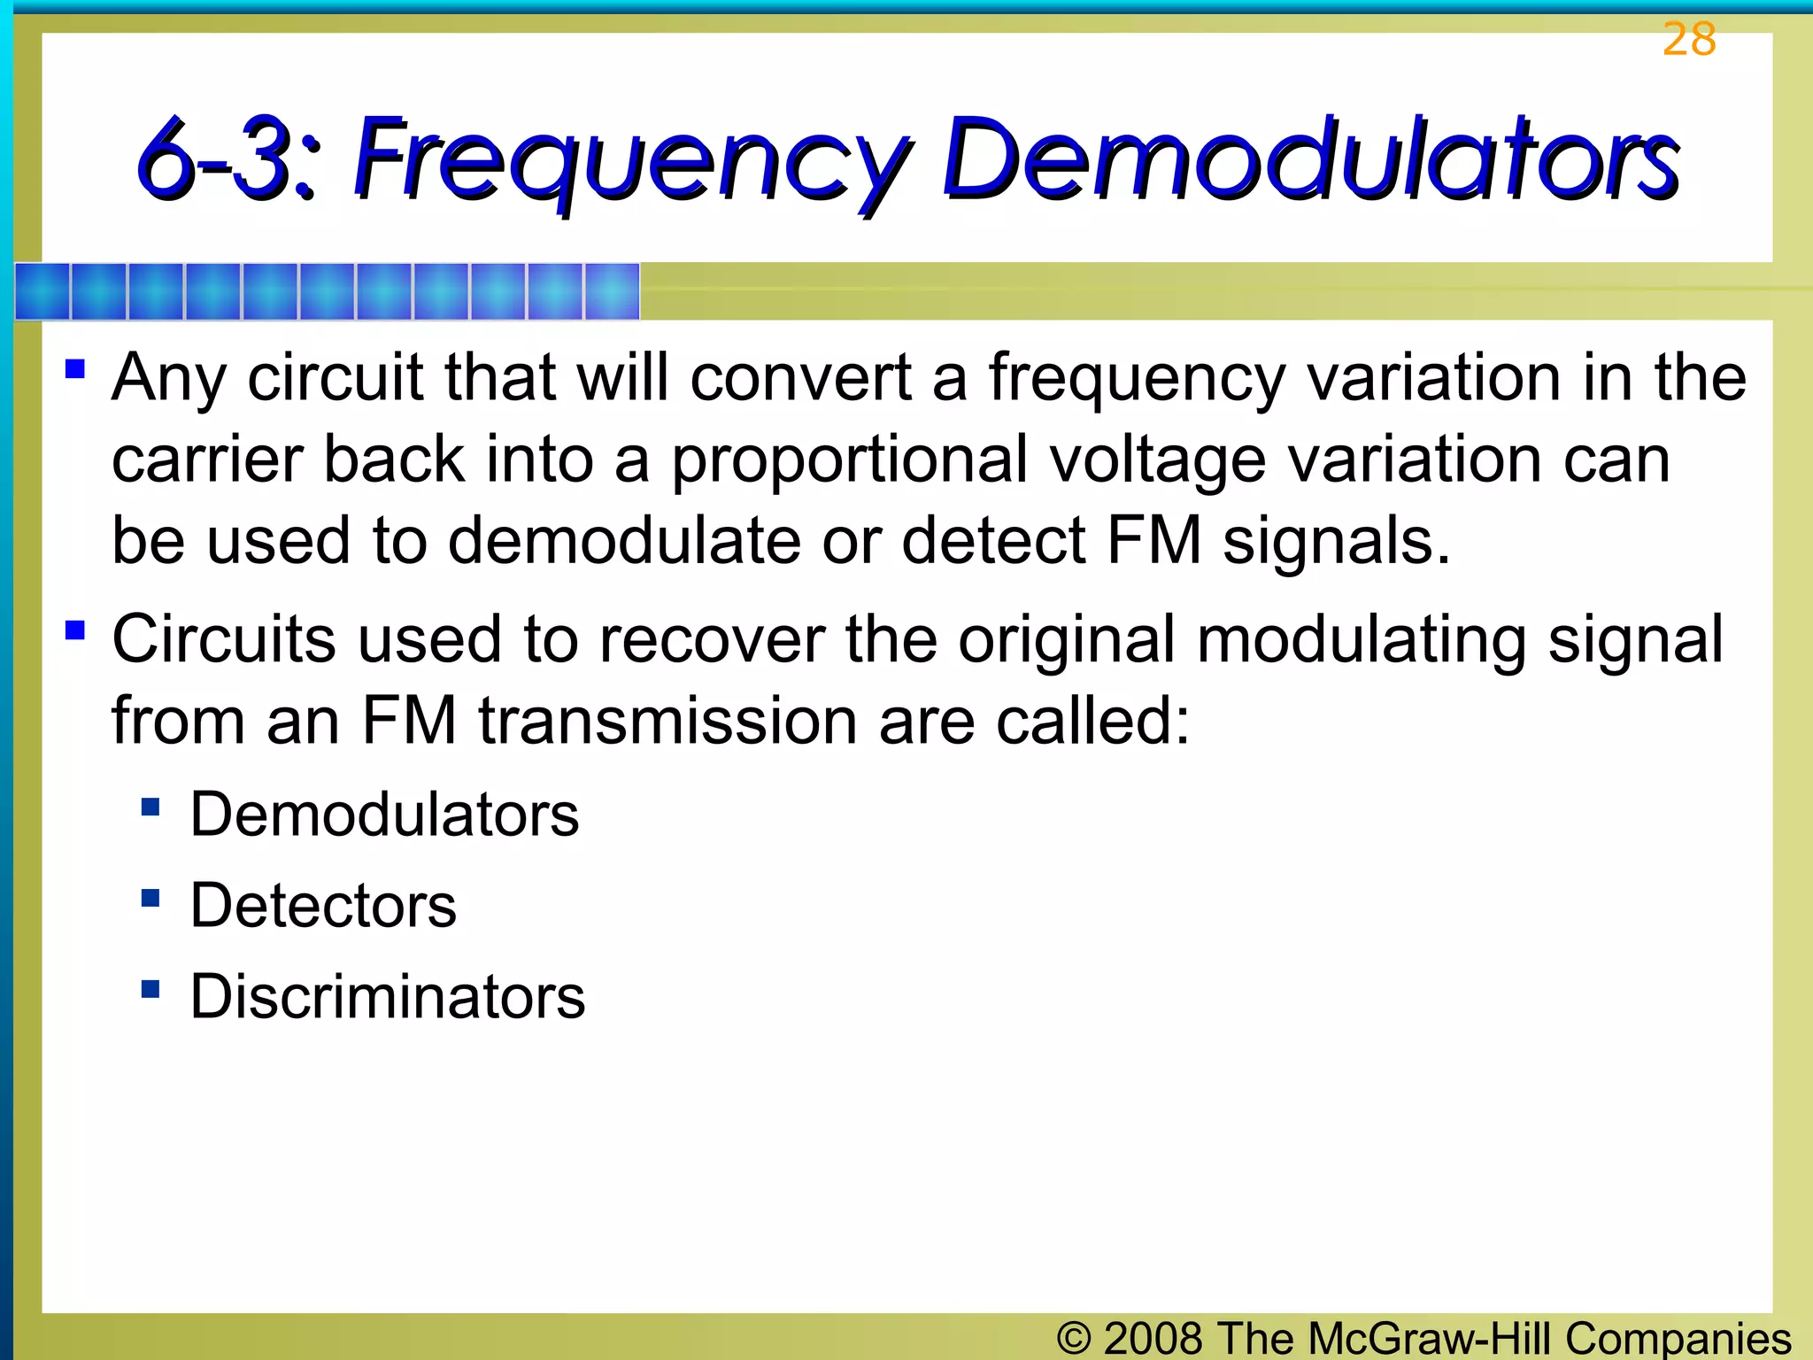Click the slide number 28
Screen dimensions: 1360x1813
[x=1689, y=40]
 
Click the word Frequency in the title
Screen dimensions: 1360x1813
[x=632, y=159]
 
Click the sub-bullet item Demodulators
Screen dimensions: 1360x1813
[x=384, y=815]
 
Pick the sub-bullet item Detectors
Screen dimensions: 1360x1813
[x=323, y=906]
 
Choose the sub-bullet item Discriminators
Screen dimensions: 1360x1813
[x=388, y=997]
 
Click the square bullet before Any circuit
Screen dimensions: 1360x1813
[x=75, y=367]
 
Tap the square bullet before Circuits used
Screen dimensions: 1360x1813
[x=75, y=630]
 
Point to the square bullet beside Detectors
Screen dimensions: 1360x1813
[x=150, y=899]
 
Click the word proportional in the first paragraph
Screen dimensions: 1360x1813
[x=849, y=460]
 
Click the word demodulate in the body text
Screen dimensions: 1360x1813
[x=624, y=541]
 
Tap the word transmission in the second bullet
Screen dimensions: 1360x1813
[x=668, y=721]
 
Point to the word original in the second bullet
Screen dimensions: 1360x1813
[x=1067, y=639]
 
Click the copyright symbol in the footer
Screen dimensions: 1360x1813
[x=1074, y=1338]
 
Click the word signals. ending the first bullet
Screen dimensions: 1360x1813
[x=1337, y=541]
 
